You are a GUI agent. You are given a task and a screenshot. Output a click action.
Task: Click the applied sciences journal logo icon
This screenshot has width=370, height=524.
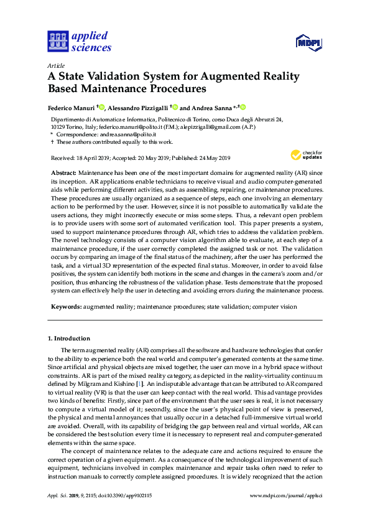[x=57, y=41]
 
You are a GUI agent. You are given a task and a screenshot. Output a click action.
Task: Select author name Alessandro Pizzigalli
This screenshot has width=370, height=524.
[x=141, y=107]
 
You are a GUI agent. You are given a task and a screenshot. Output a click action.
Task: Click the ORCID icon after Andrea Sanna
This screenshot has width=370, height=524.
[x=243, y=107]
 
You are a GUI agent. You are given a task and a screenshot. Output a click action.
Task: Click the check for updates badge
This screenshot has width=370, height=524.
[x=303, y=155]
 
